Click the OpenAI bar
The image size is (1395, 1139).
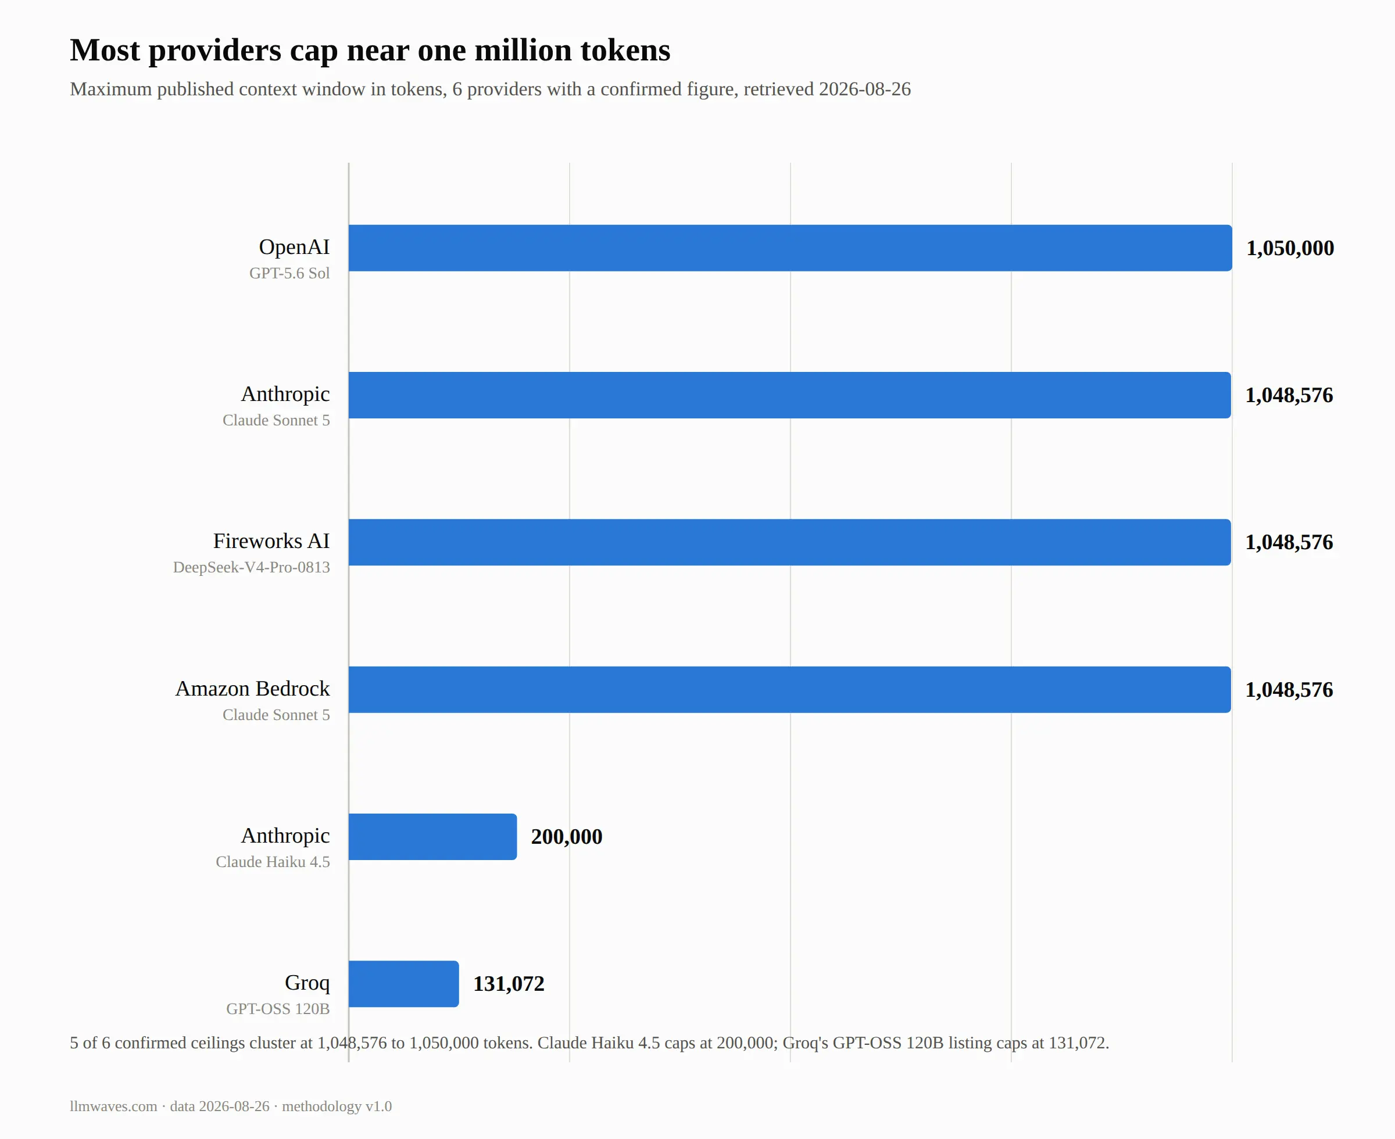790,248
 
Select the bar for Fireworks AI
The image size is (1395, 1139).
789,542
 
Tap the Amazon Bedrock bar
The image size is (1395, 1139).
789,690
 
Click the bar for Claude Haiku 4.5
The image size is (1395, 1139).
432,837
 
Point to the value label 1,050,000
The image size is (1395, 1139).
1290,248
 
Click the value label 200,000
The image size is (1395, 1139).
566,837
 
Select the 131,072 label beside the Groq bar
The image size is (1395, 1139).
509,983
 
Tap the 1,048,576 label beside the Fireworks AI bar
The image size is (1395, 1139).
1289,542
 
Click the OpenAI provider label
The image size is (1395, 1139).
294,247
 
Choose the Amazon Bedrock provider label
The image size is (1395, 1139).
253,688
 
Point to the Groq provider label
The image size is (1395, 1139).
307,983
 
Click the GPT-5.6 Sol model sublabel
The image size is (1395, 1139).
289,273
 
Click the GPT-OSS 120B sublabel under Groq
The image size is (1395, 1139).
278,1008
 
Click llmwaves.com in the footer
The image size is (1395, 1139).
113,1106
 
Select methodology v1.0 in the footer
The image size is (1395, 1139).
337,1106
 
